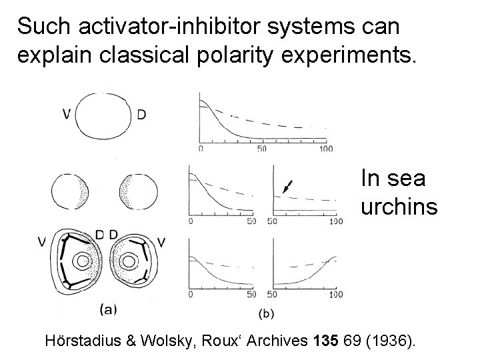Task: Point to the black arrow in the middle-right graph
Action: point(285,187)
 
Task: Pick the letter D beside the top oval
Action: point(141,115)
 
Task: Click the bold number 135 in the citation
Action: point(325,341)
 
